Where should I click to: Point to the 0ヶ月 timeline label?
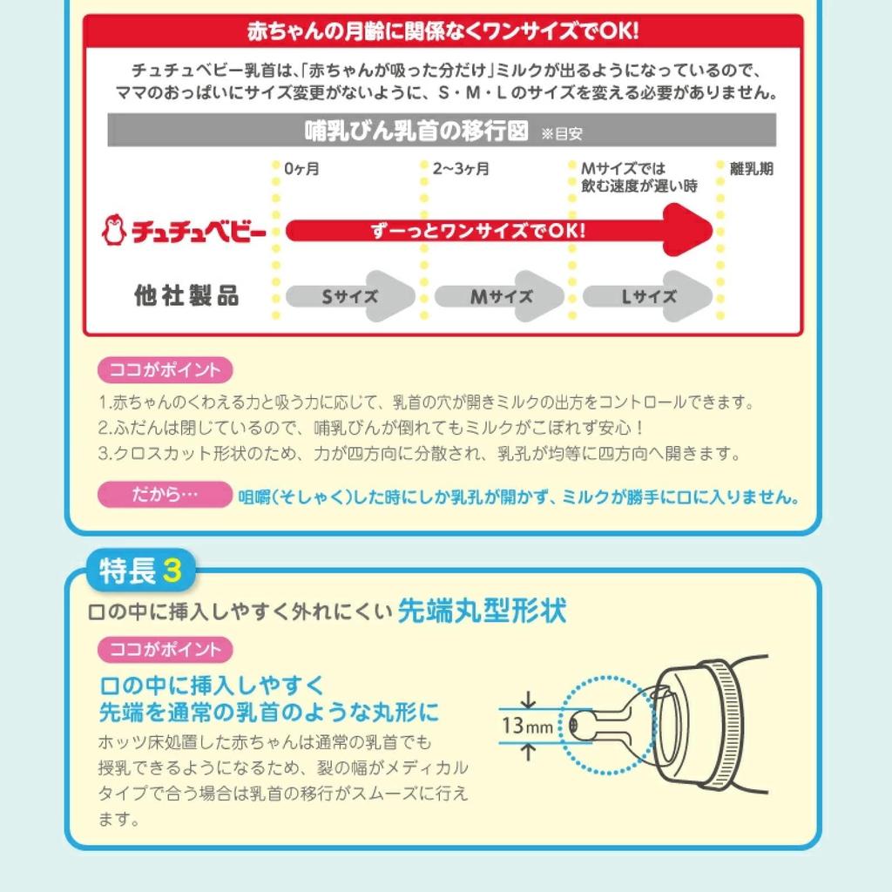click(302, 169)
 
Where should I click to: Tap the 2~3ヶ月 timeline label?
click(461, 169)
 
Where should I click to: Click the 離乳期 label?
click(751, 169)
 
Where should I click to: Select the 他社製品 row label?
click(186, 296)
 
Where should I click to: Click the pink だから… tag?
click(165, 495)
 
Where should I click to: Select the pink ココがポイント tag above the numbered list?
click(165, 370)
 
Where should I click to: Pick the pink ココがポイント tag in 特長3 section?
click(165, 649)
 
